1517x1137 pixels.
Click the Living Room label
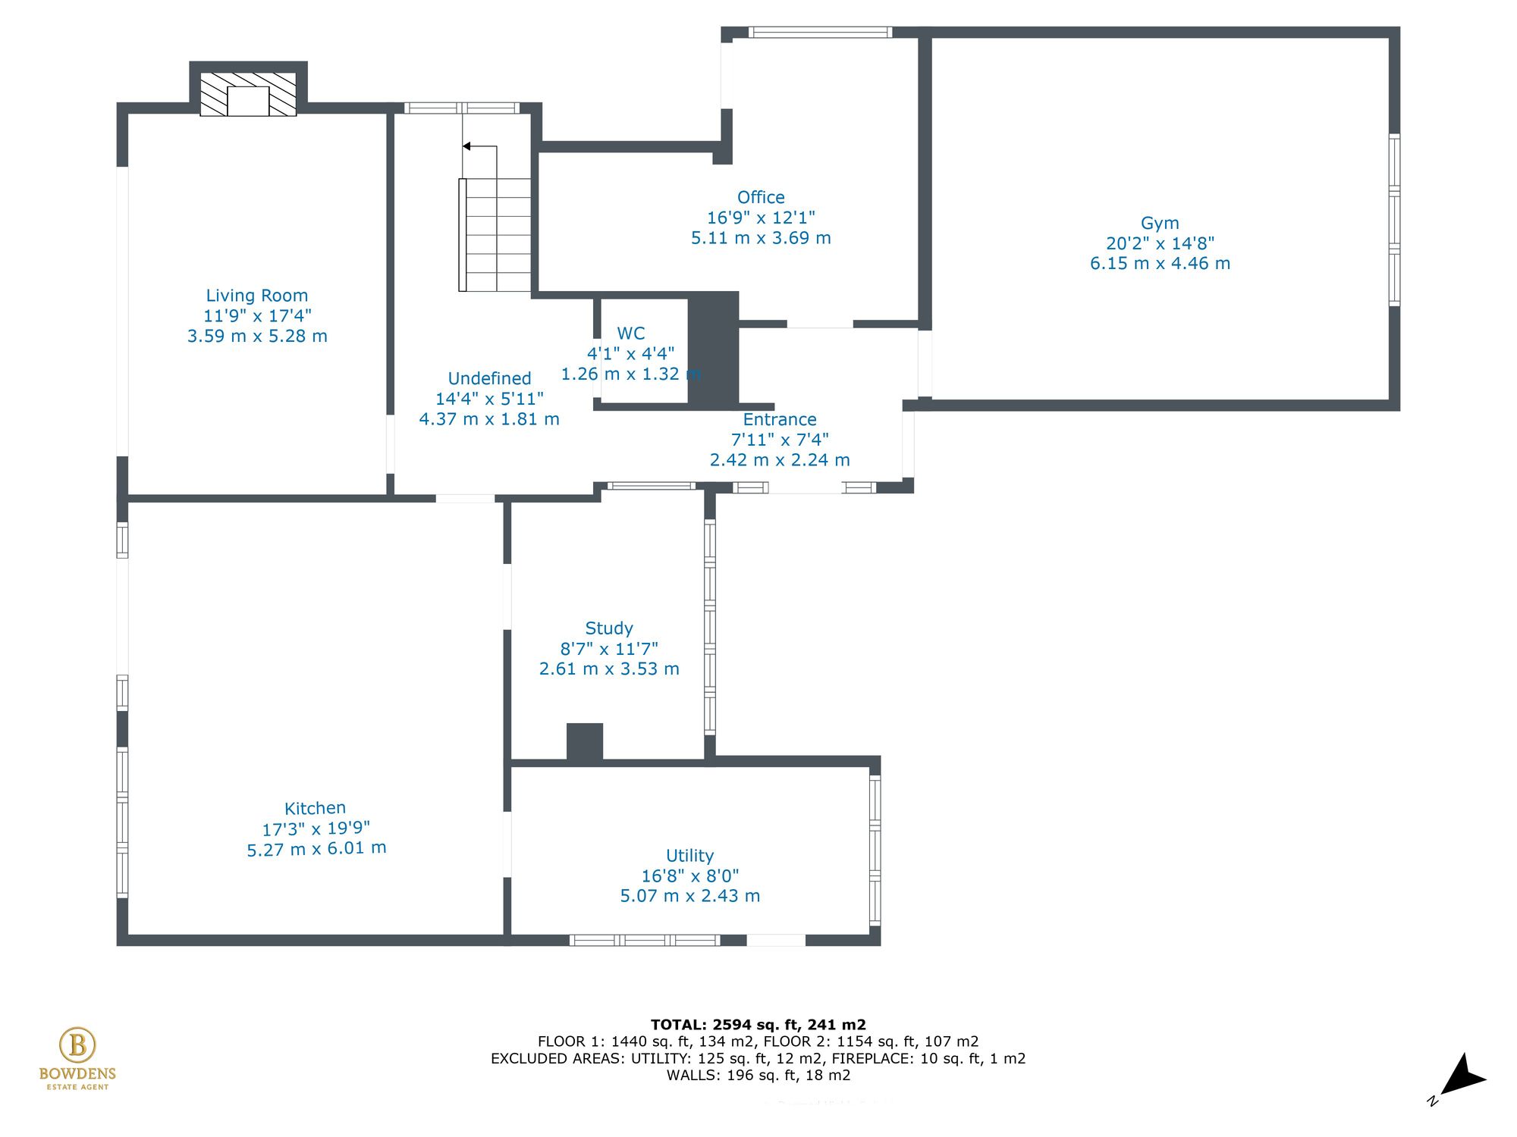point(257,296)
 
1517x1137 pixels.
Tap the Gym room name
point(1160,223)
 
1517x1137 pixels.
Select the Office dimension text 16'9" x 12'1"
point(761,218)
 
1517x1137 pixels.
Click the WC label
point(630,334)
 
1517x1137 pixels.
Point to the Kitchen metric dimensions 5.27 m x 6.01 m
point(316,849)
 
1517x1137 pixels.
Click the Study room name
point(608,628)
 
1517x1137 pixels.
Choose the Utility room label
point(689,856)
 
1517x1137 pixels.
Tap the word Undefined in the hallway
point(489,378)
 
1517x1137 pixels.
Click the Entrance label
point(779,419)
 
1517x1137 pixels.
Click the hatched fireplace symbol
point(248,95)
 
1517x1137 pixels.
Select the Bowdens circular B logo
point(77,1045)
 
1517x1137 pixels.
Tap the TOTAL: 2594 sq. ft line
point(758,1025)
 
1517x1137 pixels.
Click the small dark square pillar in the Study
point(585,741)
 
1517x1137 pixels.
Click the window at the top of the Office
point(820,33)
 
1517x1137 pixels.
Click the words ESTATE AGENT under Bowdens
point(77,1087)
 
